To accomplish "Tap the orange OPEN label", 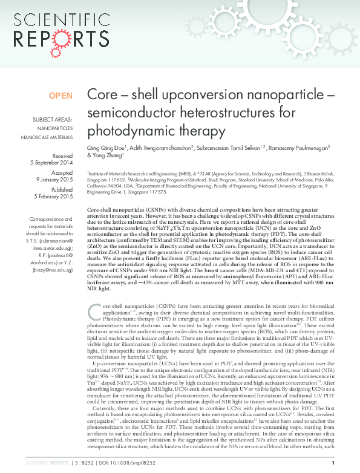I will [x=61, y=96].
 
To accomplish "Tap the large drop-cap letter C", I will [x=94, y=311].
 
